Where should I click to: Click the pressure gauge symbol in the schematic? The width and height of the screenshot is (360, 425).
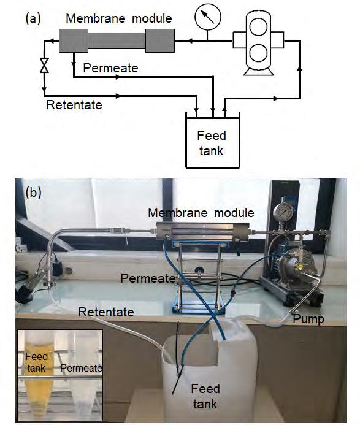click(x=208, y=17)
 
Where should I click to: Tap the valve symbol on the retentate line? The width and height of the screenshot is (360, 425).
click(x=44, y=65)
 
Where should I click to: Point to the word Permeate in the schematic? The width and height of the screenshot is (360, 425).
click(x=110, y=67)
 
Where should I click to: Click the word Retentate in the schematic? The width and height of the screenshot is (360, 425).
click(x=74, y=105)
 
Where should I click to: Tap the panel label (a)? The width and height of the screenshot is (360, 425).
click(x=33, y=19)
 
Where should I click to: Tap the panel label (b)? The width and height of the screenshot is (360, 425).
click(x=33, y=193)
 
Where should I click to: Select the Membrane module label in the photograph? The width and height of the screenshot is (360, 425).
click(x=201, y=213)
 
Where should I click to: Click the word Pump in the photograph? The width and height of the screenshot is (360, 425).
click(x=308, y=319)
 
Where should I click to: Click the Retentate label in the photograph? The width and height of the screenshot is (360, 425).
click(x=106, y=312)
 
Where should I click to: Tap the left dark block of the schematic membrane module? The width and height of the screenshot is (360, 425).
click(x=74, y=40)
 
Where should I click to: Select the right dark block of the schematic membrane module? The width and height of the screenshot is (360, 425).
click(x=160, y=40)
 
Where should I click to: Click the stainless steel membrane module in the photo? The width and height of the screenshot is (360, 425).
click(x=203, y=231)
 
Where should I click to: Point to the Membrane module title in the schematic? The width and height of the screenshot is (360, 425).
click(x=119, y=18)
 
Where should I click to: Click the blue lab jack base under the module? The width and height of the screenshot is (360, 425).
click(x=197, y=306)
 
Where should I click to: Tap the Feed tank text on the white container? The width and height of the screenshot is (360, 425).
click(x=205, y=396)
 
